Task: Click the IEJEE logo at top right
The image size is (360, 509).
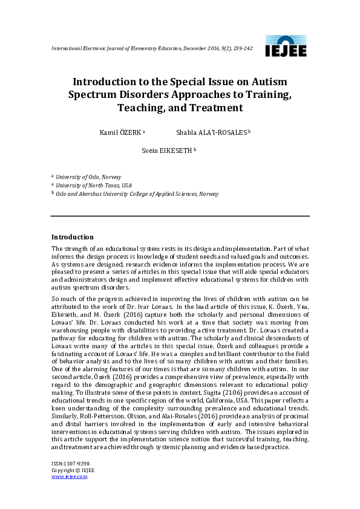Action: coord(286,47)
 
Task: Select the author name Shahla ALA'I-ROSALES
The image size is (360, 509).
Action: coord(211,132)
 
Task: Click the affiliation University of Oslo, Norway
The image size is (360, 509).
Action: coord(88,177)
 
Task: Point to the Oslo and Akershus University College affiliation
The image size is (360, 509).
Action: coord(137,194)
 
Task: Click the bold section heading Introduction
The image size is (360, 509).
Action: coord(72,237)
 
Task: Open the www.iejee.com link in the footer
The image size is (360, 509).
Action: coord(69,476)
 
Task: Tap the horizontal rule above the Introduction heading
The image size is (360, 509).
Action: coord(180,216)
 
